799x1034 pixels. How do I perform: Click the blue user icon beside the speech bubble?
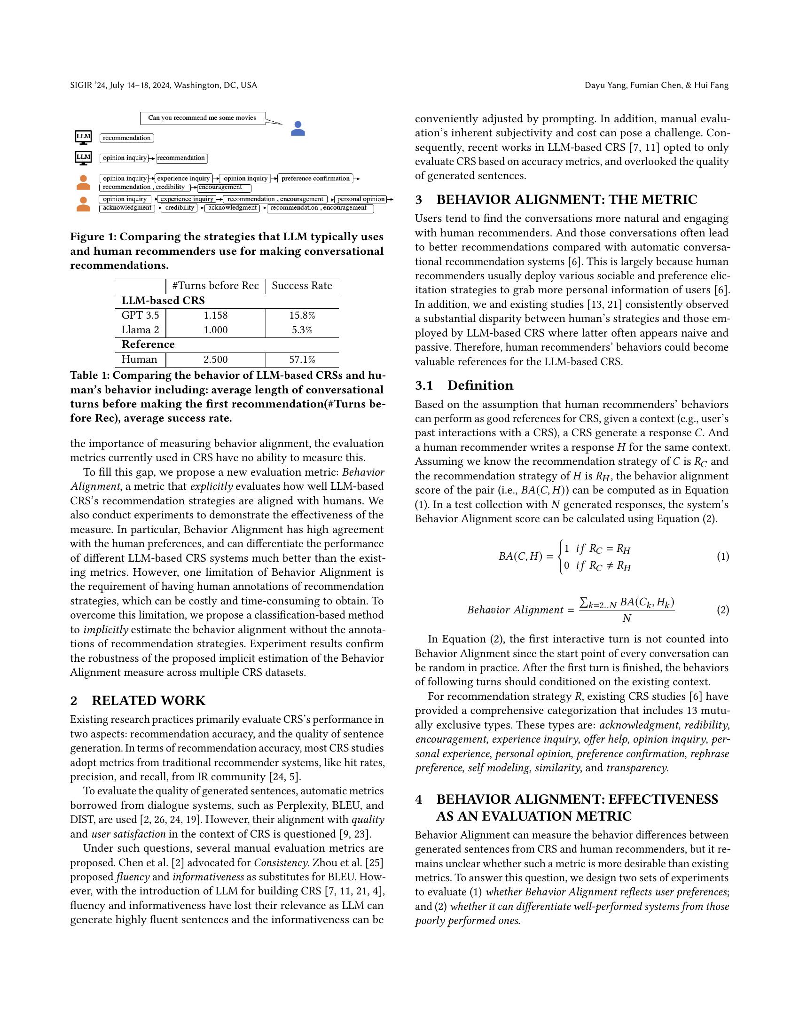click(298, 129)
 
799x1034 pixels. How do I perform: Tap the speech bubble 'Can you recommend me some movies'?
click(202, 118)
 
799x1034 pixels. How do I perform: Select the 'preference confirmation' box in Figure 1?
click(315, 179)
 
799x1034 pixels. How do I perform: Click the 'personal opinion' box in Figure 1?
click(360, 199)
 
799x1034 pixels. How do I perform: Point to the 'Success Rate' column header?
click(302, 286)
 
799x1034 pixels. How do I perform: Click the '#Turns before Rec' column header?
click(215, 286)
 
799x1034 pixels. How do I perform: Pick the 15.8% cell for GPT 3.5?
click(302, 315)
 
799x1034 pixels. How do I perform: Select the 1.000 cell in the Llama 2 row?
click(215, 330)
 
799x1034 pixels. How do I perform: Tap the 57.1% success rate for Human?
click(302, 360)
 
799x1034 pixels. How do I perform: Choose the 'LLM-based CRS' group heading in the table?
click(163, 301)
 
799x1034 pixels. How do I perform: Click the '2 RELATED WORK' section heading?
click(138, 701)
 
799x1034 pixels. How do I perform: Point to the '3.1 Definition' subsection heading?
click(464, 385)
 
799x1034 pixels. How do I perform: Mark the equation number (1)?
click(722, 557)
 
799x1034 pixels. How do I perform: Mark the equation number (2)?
click(722, 610)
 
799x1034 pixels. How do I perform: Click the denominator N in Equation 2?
click(627, 619)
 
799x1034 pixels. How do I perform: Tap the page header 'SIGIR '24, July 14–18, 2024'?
click(163, 86)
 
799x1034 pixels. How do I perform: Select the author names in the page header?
click(657, 86)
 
